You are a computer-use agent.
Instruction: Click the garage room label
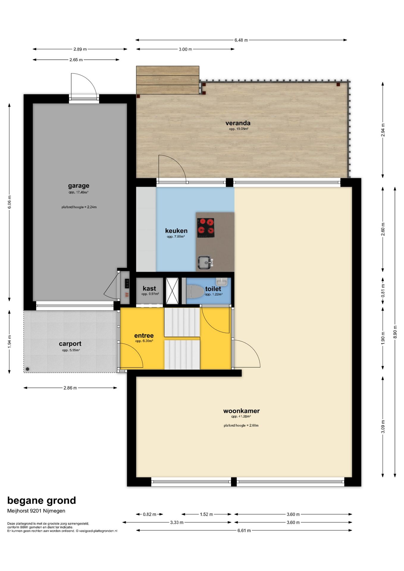click(79, 186)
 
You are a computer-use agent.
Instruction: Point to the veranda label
click(238, 123)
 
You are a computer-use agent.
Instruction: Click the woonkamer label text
click(241, 411)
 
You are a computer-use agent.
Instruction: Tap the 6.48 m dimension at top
click(241, 40)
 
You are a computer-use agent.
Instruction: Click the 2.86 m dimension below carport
click(70, 388)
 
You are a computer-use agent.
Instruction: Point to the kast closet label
click(149, 288)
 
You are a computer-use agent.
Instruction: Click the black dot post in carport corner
click(28, 369)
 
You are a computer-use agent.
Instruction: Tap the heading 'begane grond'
click(42, 501)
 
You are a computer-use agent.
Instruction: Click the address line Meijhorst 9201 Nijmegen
click(36, 511)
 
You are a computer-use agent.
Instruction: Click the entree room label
click(144, 335)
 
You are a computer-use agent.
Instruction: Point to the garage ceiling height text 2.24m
click(79, 207)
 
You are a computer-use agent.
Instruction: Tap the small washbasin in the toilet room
click(221, 281)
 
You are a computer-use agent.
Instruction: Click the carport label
click(70, 344)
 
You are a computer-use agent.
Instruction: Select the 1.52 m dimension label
click(206, 514)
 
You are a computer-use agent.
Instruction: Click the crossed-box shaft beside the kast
click(172, 291)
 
